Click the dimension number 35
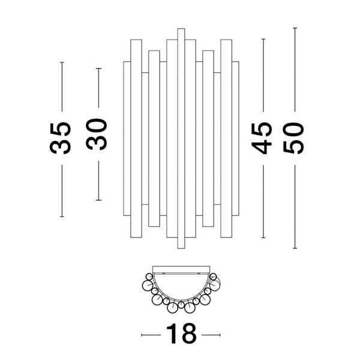pyautogui.click(x=61, y=138)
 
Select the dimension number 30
pyautogui.click(x=97, y=134)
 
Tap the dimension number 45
pyautogui.click(x=263, y=138)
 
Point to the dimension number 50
pyautogui.click(x=295, y=138)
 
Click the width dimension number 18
pyautogui.click(x=181, y=335)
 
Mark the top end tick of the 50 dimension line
pyautogui.click(x=295, y=28)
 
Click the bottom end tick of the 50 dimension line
pyautogui.click(x=295, y=248)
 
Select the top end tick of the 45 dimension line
pyautogui.click(x=263, y=39)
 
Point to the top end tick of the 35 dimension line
pyautogui.click(x=61, y=62)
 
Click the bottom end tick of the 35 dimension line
pyautogui.click(x=61, y=216)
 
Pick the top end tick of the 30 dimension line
pyautogui.click(x=98, y=69)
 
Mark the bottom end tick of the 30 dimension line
pyautogui.click(x=98, y=200)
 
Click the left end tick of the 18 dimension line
pyautogui.click(x=142, y=335)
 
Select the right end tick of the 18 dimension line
pyautogui.click(x=221, y=335)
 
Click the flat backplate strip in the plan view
pyautogui.click(x=181, y=268)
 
